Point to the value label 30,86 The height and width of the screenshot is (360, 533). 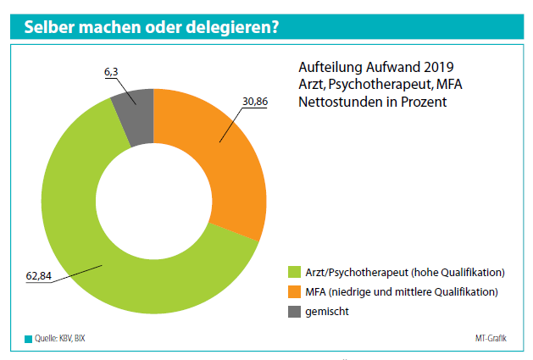click(257, 102)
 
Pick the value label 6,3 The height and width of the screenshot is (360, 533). click(112, 74)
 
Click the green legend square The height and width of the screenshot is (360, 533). click(294, 273)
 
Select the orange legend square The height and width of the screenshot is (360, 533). click(294, 292)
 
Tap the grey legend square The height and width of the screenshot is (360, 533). click(294, 312)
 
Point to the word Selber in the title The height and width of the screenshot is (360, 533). click(49, 27)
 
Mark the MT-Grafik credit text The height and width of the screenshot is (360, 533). click(491, 340)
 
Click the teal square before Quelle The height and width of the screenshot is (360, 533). click(27, 340)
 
